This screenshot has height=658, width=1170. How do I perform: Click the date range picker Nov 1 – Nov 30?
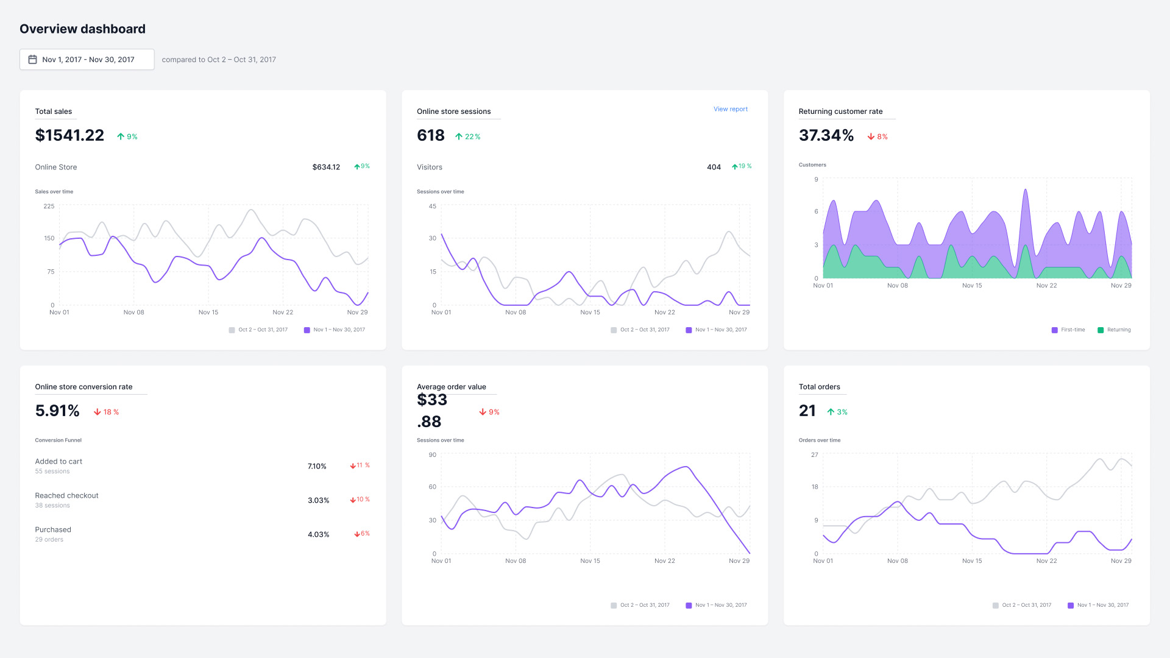(x=87, y=60)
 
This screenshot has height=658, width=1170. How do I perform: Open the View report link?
(x=730, y=109)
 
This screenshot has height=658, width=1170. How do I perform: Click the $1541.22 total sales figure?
(x=69, y=135)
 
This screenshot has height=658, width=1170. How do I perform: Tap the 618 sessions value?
(x=430, y=135)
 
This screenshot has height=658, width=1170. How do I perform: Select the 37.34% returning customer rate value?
(x=826, y=135)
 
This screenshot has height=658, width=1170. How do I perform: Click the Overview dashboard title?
(x=82, y=29)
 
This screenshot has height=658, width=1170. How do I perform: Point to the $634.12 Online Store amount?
(x=326, y=167)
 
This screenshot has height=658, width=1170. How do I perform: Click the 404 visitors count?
(x=714, y=167)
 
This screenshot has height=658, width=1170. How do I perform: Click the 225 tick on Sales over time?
(x=49, y=206)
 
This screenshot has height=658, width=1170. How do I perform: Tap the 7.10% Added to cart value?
(x=317, y=466)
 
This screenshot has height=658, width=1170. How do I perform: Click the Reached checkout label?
(x=66, y=495)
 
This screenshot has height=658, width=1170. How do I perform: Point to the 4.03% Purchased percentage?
(x=318, y=534)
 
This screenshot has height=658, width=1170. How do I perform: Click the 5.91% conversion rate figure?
(x=57, y=411)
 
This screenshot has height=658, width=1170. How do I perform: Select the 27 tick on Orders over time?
(x=814, y=455)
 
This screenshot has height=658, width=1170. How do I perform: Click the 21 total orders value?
(x=807, y=411)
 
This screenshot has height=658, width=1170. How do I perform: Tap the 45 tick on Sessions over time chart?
(x=432, y=206)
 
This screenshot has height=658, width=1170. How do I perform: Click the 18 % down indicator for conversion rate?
(x=107, y=412)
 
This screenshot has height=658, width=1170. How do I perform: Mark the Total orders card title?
(x=819, y=387)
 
